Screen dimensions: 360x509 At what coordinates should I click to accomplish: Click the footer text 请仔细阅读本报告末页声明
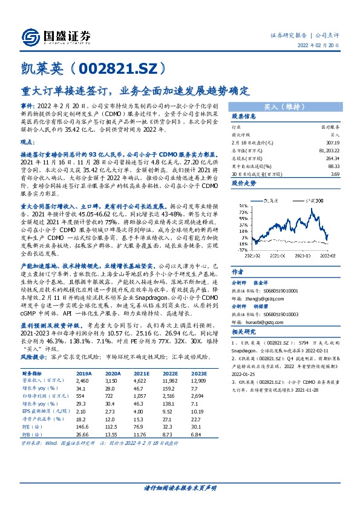pos(180,487)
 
